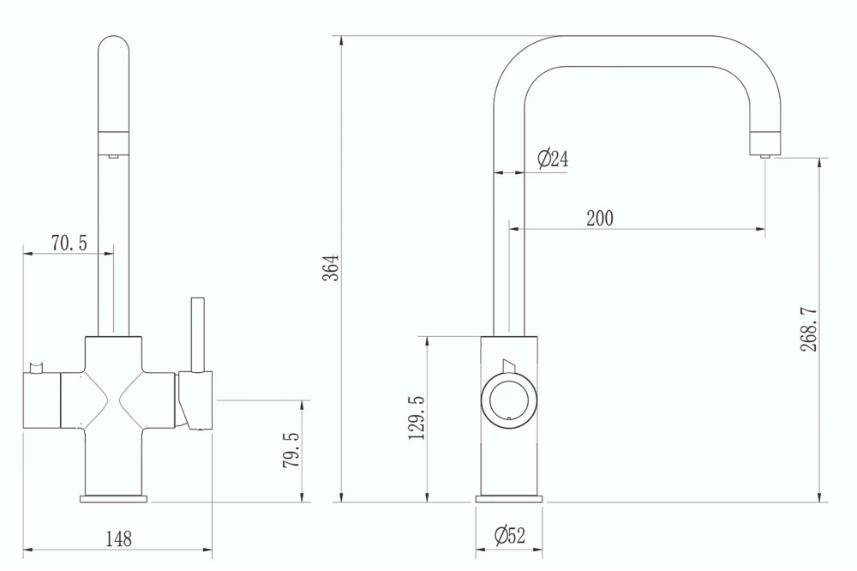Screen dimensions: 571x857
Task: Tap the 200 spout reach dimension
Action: (x=600, y=219)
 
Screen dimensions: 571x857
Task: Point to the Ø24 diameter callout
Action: (x=553, y=159)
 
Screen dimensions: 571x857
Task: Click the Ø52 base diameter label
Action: (x=509, y=537)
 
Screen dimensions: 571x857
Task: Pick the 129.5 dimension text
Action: (x=417, y=417)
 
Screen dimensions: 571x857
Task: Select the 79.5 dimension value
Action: (x=291, y=449)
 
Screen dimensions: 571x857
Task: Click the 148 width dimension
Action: (x=118, y=539)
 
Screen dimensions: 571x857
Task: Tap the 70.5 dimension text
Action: (x=69, y=243)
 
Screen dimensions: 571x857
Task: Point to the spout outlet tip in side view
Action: (x=765, y=153)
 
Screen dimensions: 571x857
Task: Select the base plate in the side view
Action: (x=509, y=498)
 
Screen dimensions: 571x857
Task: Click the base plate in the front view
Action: (x=114, y=497)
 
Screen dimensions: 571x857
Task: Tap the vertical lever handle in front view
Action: (x=197, y=334)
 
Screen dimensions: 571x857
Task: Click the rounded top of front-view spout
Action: (x=114, y=51)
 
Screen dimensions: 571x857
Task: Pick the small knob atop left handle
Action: (x=36, y=369)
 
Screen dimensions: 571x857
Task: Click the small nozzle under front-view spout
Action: (x=113, y=155)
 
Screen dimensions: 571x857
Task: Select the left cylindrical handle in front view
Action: (x=41, y=400)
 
